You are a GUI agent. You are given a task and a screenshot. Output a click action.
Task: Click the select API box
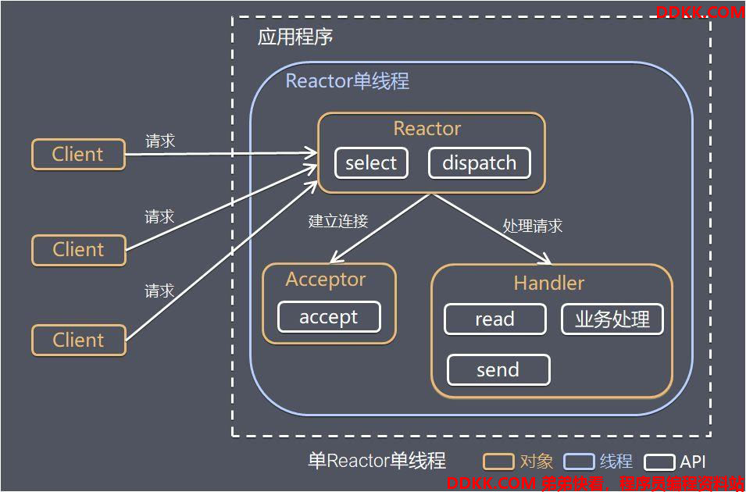pyautogui.click(x=371, y=163)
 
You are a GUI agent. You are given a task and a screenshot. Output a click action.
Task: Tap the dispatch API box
pyautogui.click(x=479, y=163)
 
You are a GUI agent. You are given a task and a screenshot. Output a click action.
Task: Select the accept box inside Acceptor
pyautogui.click(x=329, y=317)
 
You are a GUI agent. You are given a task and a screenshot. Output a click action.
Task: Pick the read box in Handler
pyautogui.click(x=494, y=319)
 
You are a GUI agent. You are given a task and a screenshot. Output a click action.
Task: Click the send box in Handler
pyautogui.click(x=498, y=369)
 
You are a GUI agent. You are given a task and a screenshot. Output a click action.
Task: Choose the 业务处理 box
pyautogui.click(x=612, y=319)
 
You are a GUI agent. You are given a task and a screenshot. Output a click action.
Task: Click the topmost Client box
pyautogui.click(x=78, y=154)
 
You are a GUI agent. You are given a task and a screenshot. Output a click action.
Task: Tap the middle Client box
pyautogui.click(x=78, y=250)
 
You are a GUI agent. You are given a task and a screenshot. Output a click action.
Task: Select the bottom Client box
pyautogui.click(x=78, y=340)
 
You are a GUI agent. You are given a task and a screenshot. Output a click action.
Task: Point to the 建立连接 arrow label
pyautogui.click(x=338, y=221)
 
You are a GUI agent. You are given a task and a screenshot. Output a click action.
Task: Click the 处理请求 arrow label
pyautogui.click(x=533, y=226)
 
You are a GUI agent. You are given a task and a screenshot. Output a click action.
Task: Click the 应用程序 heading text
pyautogui.click(x=295, y=37)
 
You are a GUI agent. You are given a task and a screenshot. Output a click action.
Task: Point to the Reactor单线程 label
pyautogui.click(x=348, y=81)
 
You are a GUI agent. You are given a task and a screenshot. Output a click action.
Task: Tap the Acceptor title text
pyautogui.click(x=326, y=280)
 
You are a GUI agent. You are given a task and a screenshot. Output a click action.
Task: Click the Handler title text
pyautogui.click(x=549, y=283)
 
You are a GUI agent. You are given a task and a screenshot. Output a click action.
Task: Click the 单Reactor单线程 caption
pyautogui.click(x=377, y=461)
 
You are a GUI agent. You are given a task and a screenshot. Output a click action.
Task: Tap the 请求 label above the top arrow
pyautogui.click(x=160, y=141)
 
